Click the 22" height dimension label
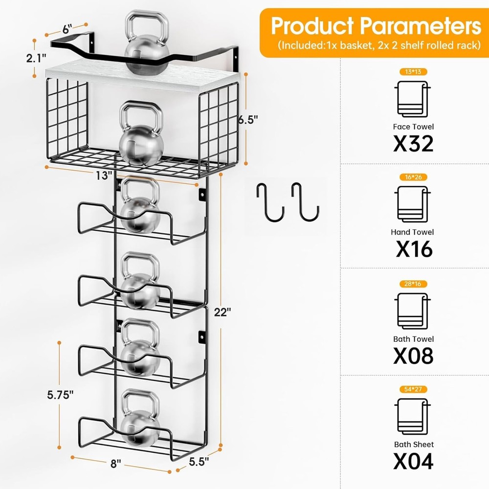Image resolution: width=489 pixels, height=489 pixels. pyautogui.click(x=222, y=311)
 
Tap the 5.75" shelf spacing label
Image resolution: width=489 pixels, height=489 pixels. pyautogui.click(x=60, y=395)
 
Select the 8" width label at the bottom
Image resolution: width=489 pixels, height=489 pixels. pyautogui.click(x=115, y=464)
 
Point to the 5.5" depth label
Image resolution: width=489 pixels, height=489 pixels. pyautogui.click(x=199, y=461)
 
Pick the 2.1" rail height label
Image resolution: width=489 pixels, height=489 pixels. pyautogui.click(x=36, y=58)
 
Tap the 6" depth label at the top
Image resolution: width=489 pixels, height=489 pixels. pyautogui.click(x=67, y=29)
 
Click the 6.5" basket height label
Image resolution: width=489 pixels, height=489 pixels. pyautogui.click(x=248, y=119)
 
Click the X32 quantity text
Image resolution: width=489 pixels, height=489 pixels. pyautogui.click(x=413, y=143)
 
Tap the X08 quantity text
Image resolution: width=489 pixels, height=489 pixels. pyautogui.click(x=413, y=356)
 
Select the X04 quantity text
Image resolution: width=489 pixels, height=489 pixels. pyautogui.click(x=413, y=461)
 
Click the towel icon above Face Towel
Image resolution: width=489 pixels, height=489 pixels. pyautogui.click(x=412, y=99)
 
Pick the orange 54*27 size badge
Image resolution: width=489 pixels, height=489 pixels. pyautogui.click(x=413, y=389)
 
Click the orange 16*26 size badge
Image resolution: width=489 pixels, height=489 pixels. pyautogui.click(x=413, y=177)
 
